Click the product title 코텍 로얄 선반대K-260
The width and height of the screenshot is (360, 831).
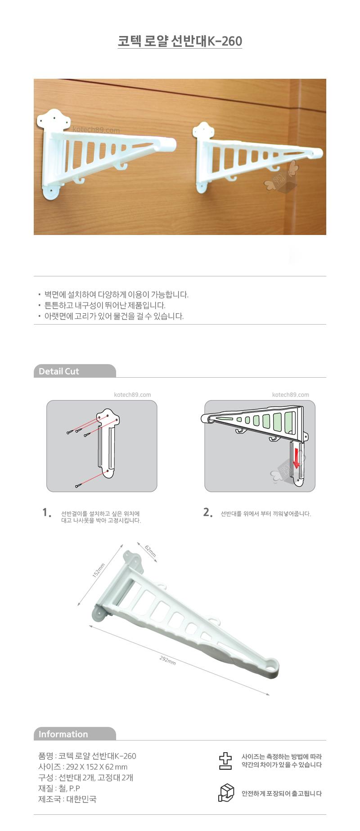180,41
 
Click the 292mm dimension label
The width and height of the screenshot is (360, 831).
167,660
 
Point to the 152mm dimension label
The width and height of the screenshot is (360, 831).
98,570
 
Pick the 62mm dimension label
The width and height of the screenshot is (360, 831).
150,551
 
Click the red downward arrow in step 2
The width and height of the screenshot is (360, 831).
296,457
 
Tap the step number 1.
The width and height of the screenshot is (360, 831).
46,512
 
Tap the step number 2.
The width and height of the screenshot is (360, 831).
207,512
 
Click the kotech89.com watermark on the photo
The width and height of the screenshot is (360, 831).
96,131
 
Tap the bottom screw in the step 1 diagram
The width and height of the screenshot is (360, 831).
79,485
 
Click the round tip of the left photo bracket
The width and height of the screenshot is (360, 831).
170,145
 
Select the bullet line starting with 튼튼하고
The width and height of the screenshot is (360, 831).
105,305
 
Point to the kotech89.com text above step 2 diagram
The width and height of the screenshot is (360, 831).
291,395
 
